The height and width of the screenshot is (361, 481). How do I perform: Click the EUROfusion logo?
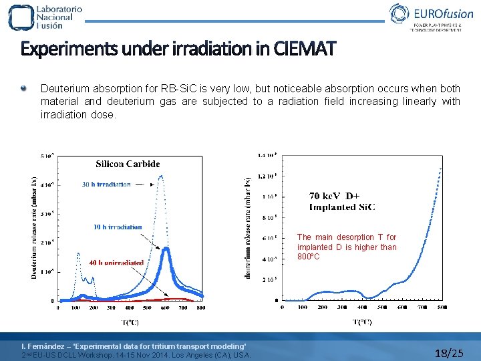tap(427, 17)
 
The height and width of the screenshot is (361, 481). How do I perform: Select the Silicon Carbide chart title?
tap(128, 164)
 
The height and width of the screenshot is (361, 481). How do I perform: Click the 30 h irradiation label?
tap(106, 185)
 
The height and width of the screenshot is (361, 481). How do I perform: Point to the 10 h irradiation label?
tap(118, 227)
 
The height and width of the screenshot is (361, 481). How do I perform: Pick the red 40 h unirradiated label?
tap(116, 263)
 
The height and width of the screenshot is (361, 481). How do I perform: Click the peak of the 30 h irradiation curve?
tap(161, 176)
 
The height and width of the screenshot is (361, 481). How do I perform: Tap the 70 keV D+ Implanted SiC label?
tap(341, 201)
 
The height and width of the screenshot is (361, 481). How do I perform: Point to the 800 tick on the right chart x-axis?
tap(442, 307)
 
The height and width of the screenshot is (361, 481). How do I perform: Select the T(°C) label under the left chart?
tap(130, 322)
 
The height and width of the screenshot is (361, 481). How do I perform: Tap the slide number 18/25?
tap(448, 352)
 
